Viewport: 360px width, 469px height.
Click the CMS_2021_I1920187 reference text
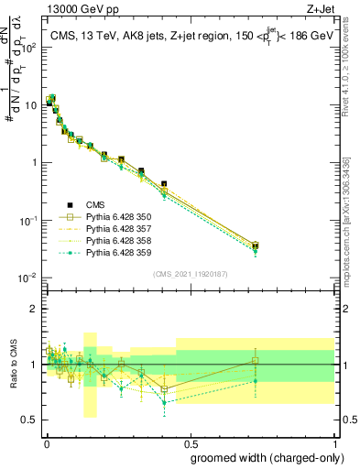pyautogui.click(x=189, y=273)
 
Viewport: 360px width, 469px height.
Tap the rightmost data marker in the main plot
pyautogui.click(x=255, y=245)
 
